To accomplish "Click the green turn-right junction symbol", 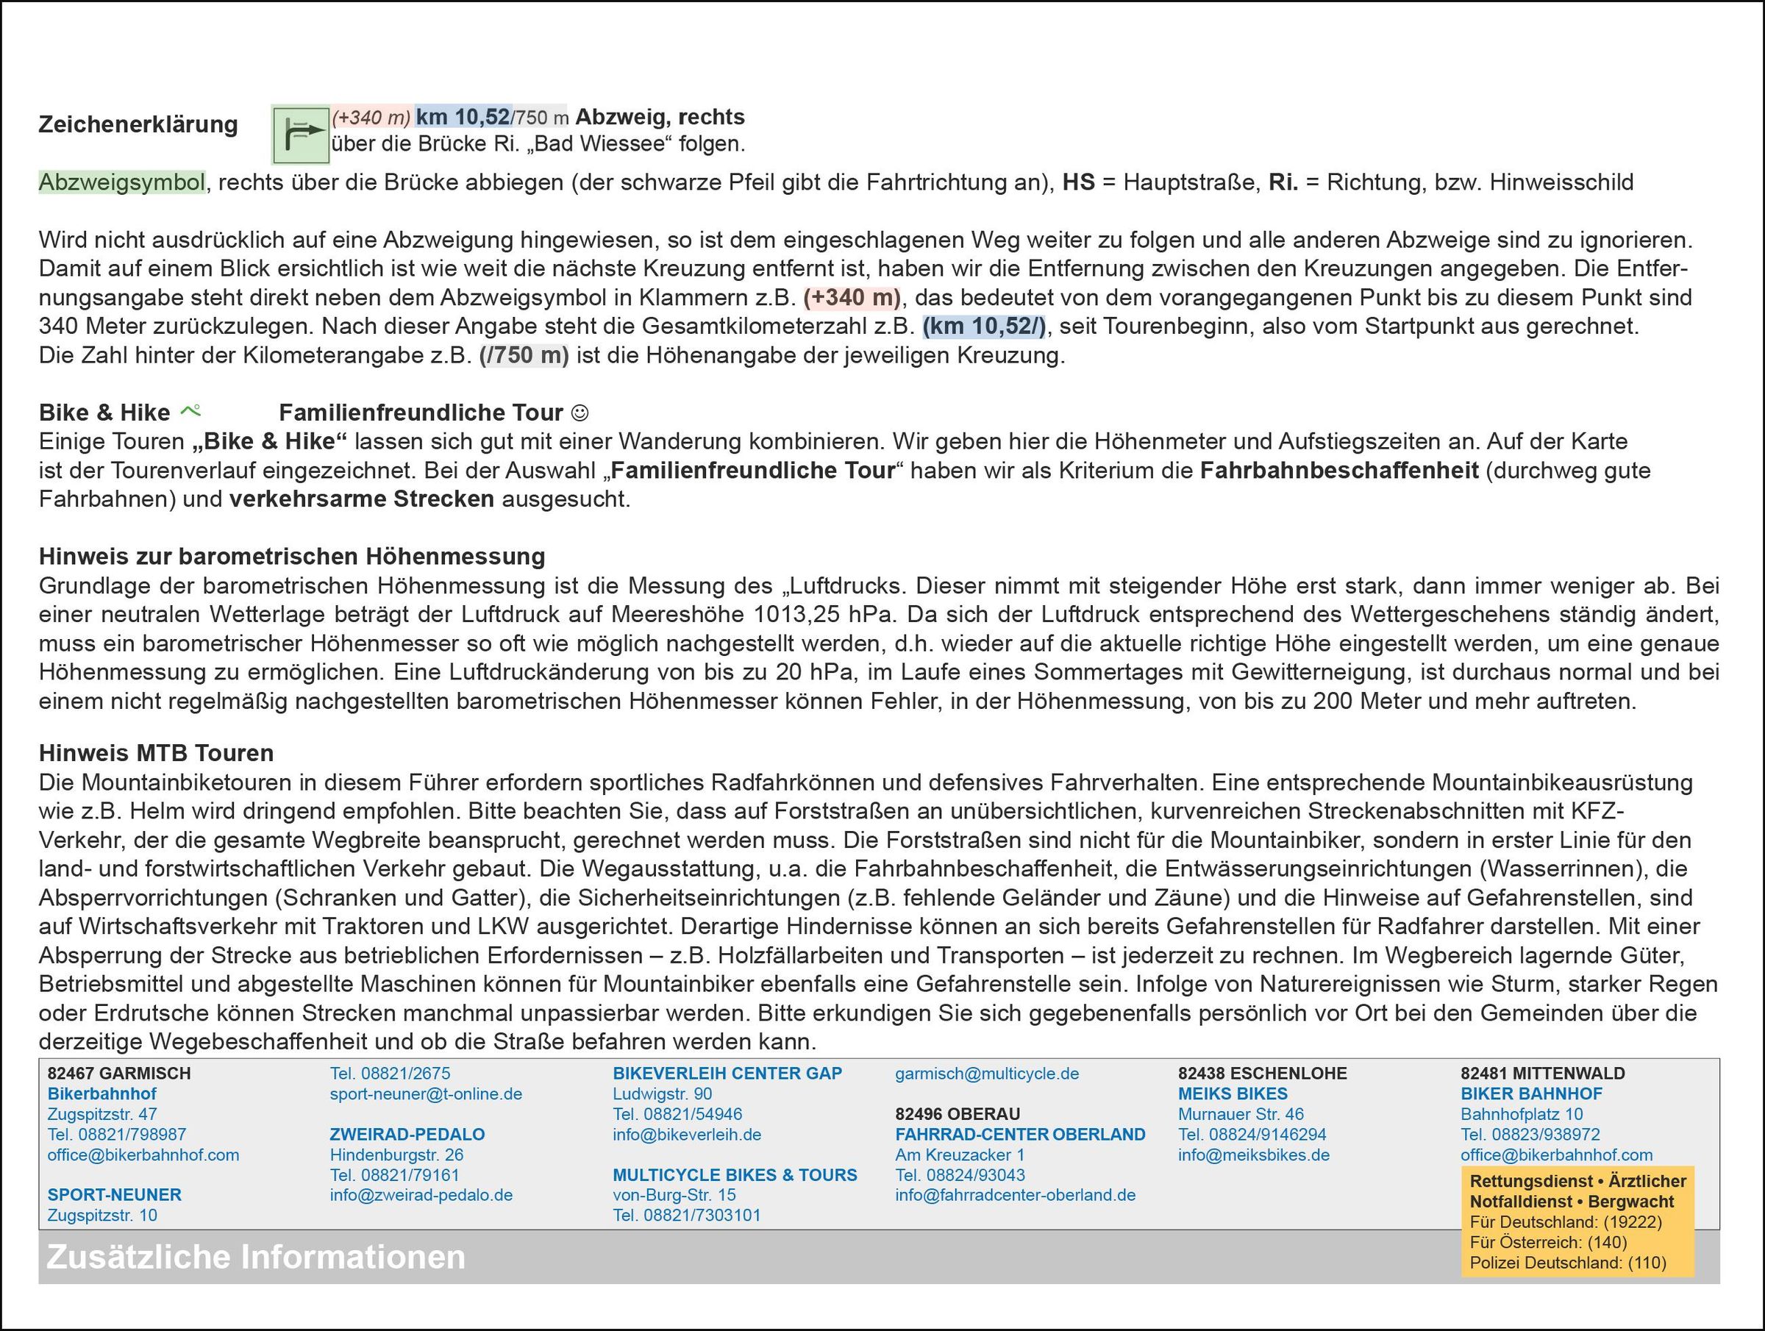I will coord(300,135).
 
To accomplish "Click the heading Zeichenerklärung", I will coord(138,124).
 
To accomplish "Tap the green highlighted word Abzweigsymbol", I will coord(122,182).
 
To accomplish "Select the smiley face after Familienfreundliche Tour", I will coord(581,413).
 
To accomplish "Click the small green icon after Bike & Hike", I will coord(190,411).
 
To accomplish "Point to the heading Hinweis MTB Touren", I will coord(157,752).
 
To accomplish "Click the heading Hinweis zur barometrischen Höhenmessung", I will coord(292,556).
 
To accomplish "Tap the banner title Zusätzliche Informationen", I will coord(256,1257).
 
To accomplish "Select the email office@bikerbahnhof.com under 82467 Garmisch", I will coord(143,1155).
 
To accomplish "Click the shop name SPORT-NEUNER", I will coord(114,1194).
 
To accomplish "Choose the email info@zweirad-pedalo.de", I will coord(421,1194).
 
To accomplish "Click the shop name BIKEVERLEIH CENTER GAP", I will coord(727,1074).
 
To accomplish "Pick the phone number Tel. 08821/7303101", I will coord(686,1215).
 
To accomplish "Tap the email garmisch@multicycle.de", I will coord(986,1074).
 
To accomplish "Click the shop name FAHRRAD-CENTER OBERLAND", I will coord(1020,1134).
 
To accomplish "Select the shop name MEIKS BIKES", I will coord(1233,1093).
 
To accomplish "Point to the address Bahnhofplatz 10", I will coord(1522,1114).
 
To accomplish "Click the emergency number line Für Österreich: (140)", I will coord(1548,1243).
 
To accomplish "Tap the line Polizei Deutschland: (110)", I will coord(1568,1263).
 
